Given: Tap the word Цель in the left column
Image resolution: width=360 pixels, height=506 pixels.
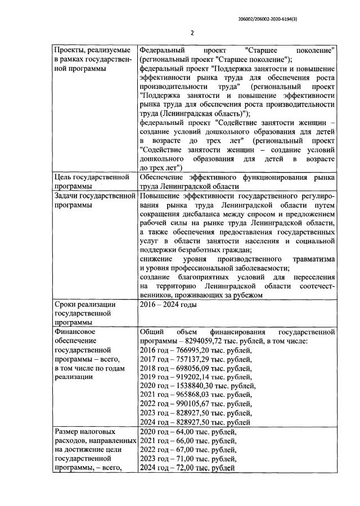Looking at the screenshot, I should [64, 178].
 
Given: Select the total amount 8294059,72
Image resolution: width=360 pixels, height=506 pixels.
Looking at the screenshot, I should [204, 341].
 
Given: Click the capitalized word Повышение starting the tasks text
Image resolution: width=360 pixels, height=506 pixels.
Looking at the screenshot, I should [159, 196].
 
